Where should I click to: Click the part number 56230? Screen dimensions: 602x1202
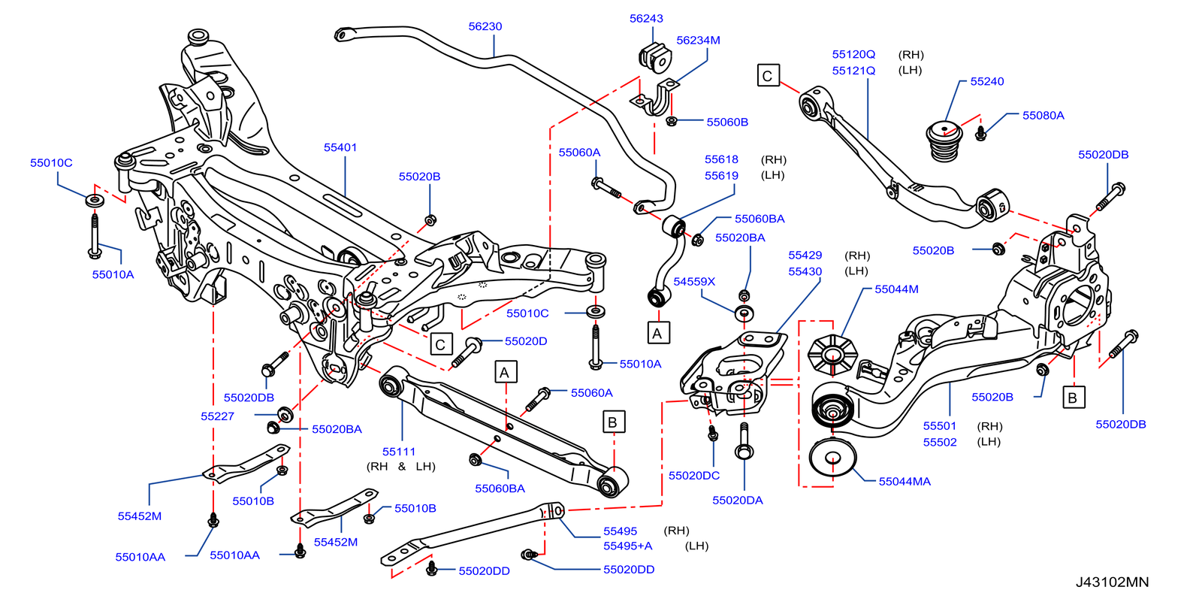[x=485, y=26]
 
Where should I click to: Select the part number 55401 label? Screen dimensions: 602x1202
[x=340, y=147]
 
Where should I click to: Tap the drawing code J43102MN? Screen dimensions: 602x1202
[x=1111, y=582]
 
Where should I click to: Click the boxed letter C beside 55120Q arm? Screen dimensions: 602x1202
[x=768, y=76]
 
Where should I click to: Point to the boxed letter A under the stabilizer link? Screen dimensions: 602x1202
[x=657, y=333]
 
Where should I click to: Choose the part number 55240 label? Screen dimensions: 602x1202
[x=986, y=82]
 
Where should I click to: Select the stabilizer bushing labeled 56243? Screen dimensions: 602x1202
[x=654, y=56]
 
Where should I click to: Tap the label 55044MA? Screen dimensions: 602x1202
[x=904, y=482]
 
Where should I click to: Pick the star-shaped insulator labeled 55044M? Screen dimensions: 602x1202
[x=832, y=352]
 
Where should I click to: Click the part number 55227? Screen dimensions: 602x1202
[x=217, y=416]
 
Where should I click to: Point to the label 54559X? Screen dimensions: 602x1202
[x=694, y=282]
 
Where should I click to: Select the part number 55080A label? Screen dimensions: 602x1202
[x=1043, y=116]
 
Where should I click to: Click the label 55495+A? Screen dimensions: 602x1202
[x=627, y=546]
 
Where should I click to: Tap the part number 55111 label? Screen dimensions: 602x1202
[x=399, y=452]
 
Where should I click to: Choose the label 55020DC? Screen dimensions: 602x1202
[x=693, y=476]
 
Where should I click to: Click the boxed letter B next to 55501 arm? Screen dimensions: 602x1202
[x=1072, y=398]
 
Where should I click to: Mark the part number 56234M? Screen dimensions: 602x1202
[x=698, y=41]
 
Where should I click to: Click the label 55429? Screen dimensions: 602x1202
[x=805, y=256]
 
